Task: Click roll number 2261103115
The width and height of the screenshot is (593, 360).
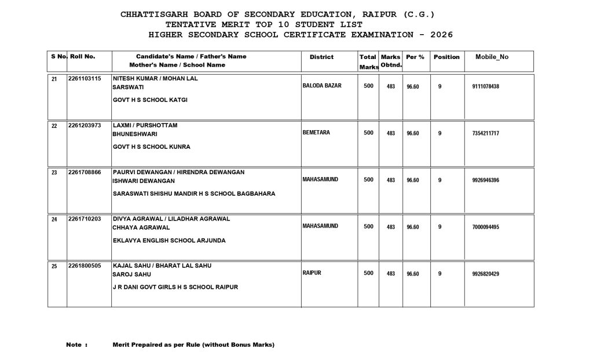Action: tap(85, 79)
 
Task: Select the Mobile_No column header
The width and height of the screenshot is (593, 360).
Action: tap(492, 57)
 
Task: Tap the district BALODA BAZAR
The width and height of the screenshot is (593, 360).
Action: tap(322, 86)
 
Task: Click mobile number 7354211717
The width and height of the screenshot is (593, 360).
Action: tap(486, 134)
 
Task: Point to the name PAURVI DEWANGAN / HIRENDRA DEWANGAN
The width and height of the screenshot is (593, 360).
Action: tap(178, 172)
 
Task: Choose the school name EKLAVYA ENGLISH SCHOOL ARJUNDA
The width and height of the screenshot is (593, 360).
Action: tap(169, 240)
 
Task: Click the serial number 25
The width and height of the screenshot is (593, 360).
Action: tap(54, 267)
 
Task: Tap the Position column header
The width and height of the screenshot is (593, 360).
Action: tap(446, 57)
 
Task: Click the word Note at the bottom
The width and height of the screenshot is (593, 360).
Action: tap(75, 345)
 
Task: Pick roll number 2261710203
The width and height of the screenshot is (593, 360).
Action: tap(85, 219)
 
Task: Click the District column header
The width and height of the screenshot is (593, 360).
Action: tap(321, 57)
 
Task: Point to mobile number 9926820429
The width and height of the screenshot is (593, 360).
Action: tap(486, 274)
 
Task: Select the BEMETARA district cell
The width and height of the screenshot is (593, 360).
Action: tap(316, 133)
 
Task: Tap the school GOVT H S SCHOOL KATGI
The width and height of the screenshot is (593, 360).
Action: tap(150, 100)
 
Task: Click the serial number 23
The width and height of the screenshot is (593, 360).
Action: tap(54, 173)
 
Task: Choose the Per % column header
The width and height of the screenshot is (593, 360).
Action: tap(415, 57)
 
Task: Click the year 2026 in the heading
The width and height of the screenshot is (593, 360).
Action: tap(441, 35)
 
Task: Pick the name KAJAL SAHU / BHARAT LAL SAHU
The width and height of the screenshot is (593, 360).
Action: tap(162, 266)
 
